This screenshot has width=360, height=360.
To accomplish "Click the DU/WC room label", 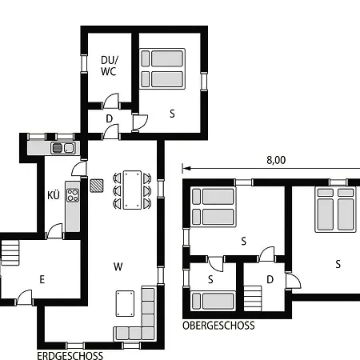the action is pyautogui.click(x=109, y=66).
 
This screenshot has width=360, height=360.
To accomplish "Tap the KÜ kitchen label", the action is pyautogui.click(x=54, y=195).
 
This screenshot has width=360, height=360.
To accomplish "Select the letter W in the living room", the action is pyautogui.click(x=118, y=266).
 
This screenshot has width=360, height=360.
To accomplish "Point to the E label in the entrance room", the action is pyautogui.click(x=42, y=279).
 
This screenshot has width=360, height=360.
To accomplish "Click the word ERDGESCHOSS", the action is pyautogui.click(x=70, y=356).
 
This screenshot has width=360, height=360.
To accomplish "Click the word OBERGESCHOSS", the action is pyautogui.click(x=218, y=326).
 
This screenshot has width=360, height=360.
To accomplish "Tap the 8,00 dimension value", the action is pyautogui.click(x=276, y=160).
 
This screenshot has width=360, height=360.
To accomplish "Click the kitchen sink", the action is pyautogui.click(x=63, y=148).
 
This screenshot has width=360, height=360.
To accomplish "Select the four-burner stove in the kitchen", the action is pyautogui.click(x=73, y=195).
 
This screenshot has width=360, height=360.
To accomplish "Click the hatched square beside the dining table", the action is pyautogui.click(x=96, y=186).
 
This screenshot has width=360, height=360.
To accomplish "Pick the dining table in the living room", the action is pyautogui.click(x=132, y=190).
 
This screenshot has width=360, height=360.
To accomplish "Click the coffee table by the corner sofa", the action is pyautogui.click(x=125, y=303).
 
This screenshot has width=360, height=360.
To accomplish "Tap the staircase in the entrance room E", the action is pyautogui.click(x=10, y=253).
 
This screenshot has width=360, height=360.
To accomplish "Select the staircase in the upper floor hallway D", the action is pyautogui.click(x=253, y=298).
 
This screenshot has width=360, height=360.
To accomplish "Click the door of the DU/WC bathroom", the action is pyautogui.click(x=110, y=102).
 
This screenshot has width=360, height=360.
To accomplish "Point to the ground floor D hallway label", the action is pyautogui.click(x=110, y=118).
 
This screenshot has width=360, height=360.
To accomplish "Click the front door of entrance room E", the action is pyautogui.click(x=24, y=298).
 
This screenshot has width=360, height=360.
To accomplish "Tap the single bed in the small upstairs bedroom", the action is pyautogui.click(x=213, y=301).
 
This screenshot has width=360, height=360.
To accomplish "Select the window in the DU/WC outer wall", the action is pyautogui.click(x=84, y=63).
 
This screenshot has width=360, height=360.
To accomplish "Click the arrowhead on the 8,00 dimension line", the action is pyautogui.click(x=187, y=168).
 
